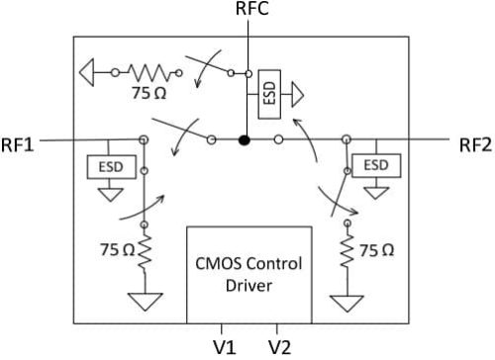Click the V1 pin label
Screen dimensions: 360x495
(x=224, y=346)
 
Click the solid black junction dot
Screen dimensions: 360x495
(x=245, y=141)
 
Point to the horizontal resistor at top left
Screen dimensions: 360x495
(x=148, y=71)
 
